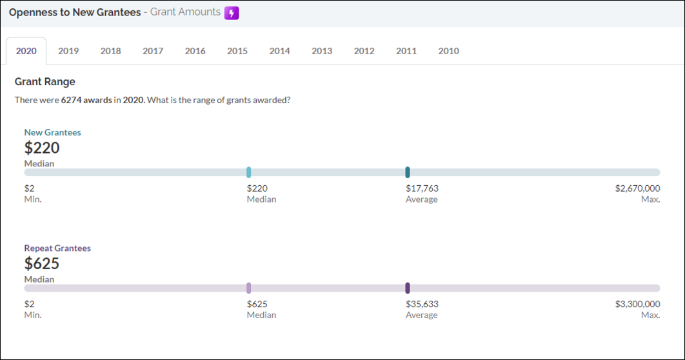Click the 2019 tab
pos(68,51)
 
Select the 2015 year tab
pos(237,51)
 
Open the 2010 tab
pos(448,51)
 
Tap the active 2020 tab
pos(26,51)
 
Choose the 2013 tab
pos(322,51)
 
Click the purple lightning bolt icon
pos(232,12)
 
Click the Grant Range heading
pos(45,82)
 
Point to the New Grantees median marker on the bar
pos(248,172)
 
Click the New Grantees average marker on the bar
pos(408,172)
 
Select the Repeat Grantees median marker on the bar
pos(248,288)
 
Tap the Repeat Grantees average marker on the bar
pos(408,288)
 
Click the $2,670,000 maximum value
pos(637,188)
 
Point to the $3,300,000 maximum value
pos(637,304)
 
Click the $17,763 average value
pos(422,188)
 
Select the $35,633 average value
pos(422,304)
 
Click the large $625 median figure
pos(42,263)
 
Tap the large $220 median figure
pos(42,148)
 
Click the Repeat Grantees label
pos(57,248)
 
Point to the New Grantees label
pos(53,132)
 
